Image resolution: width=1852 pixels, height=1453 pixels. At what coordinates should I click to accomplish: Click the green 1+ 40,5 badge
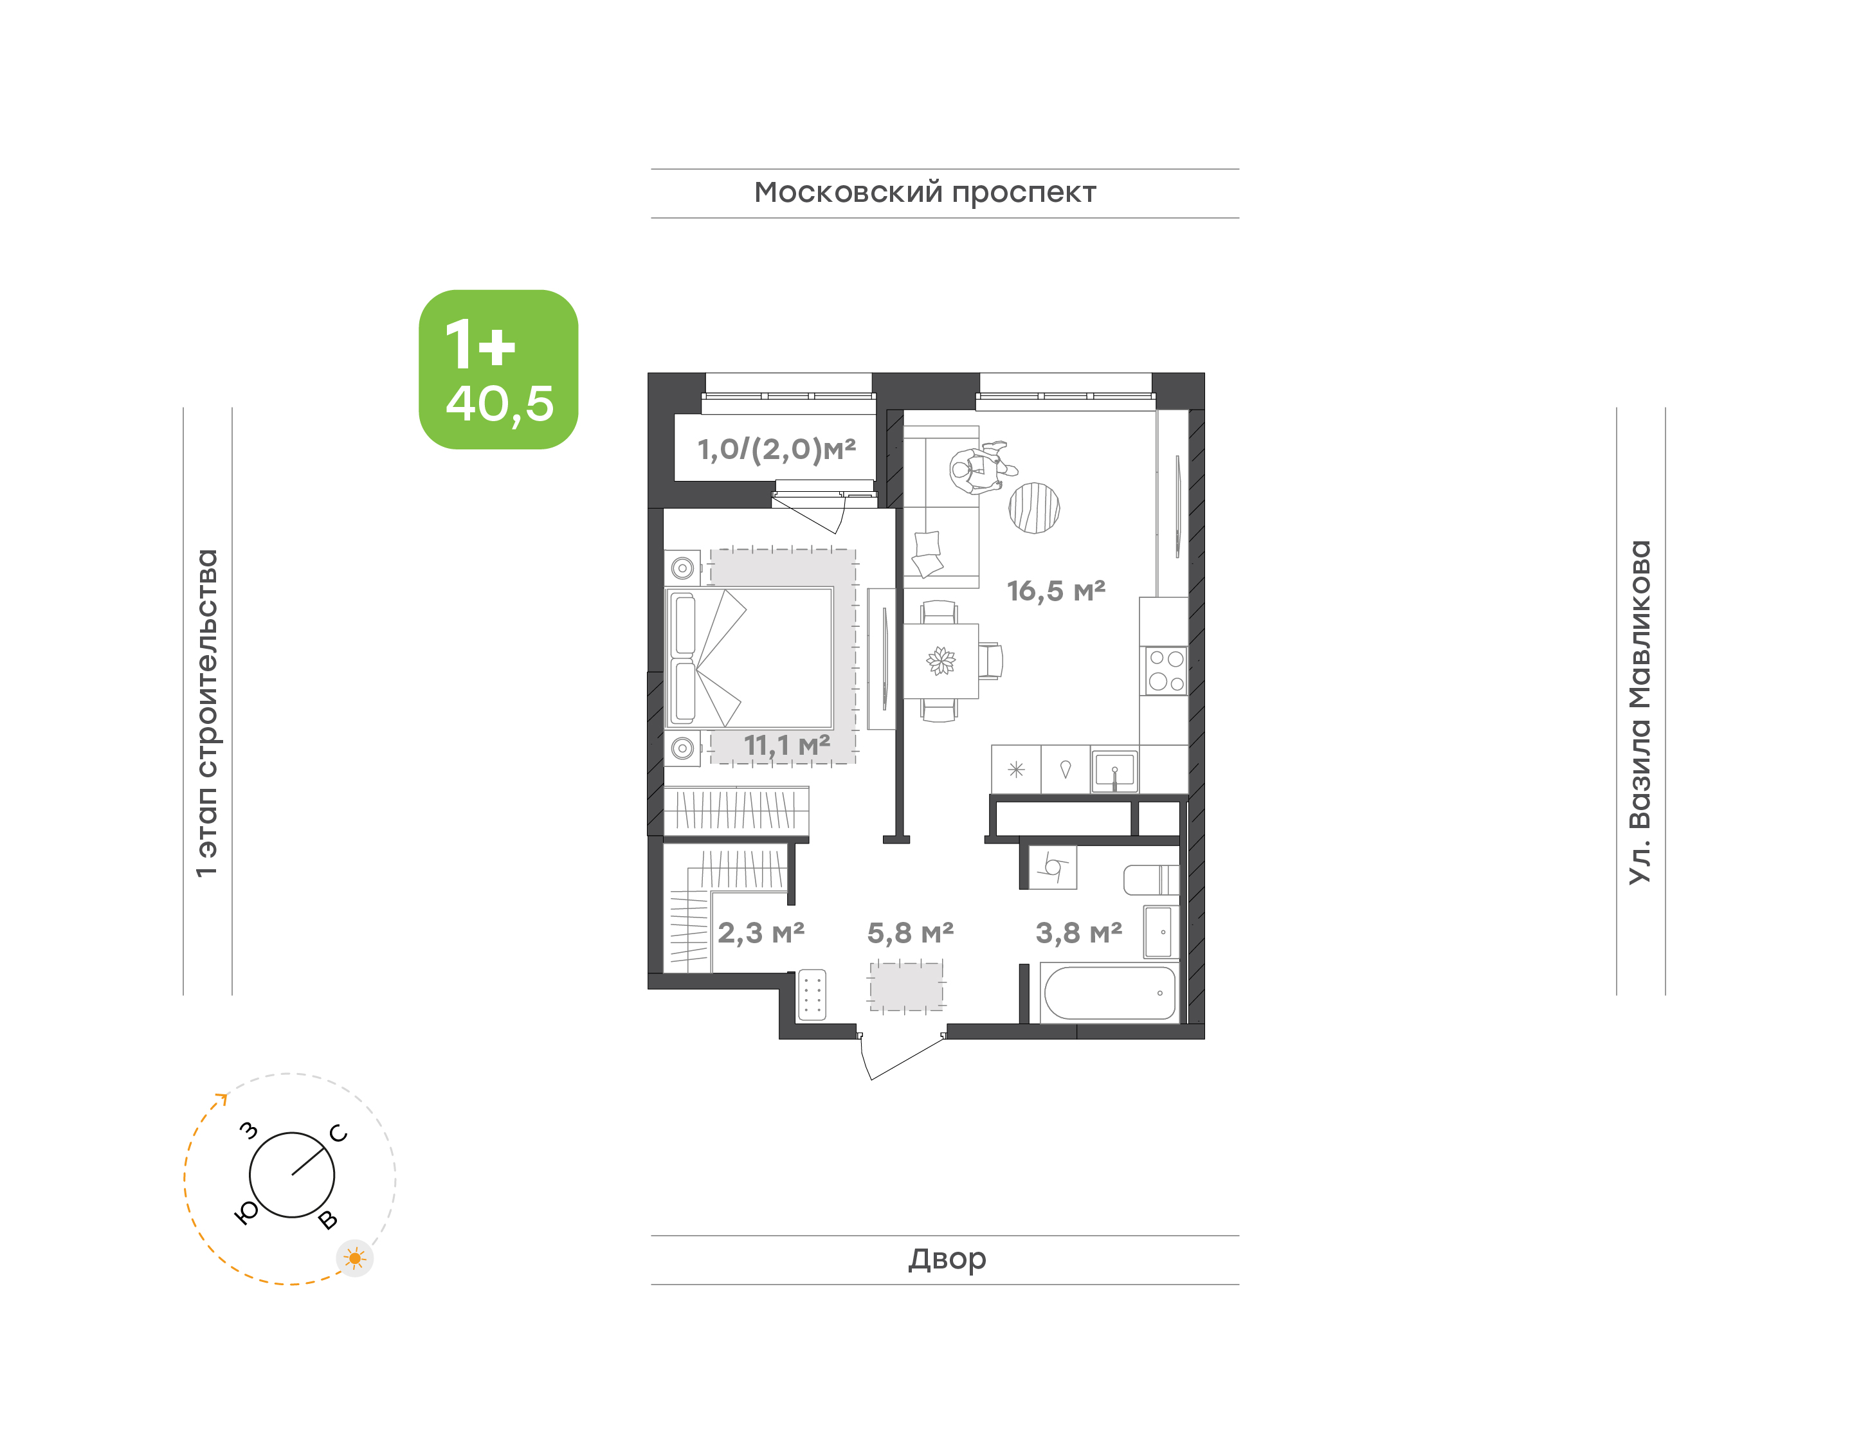click(498, 369)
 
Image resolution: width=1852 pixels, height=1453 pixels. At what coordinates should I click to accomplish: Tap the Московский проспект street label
click(925, 193)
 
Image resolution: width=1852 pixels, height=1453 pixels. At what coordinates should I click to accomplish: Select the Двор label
click(947, 1259)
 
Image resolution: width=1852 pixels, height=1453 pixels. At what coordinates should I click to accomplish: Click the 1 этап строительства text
click(206, 713)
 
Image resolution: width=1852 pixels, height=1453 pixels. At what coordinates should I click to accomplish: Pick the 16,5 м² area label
click(1056, 590)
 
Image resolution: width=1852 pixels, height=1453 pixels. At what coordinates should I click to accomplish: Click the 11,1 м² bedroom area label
click(787, 745)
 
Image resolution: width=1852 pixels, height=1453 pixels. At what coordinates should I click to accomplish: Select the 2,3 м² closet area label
click(761, 934)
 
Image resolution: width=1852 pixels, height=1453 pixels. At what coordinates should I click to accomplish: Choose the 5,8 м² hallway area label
click(911, 934)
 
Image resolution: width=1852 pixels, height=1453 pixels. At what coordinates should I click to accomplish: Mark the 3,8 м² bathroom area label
click(1078, 934)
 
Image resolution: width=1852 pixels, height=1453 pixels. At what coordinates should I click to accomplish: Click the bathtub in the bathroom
click(1109, 993)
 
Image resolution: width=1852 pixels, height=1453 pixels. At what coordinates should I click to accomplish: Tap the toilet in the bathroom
click(1151, 880)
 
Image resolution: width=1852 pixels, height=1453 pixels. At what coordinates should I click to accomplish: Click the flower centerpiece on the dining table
click(941, 661)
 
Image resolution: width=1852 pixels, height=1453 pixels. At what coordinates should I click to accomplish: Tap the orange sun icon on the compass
click(355, 1258)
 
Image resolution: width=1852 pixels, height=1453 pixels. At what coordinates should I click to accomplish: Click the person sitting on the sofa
click(980, 468)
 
